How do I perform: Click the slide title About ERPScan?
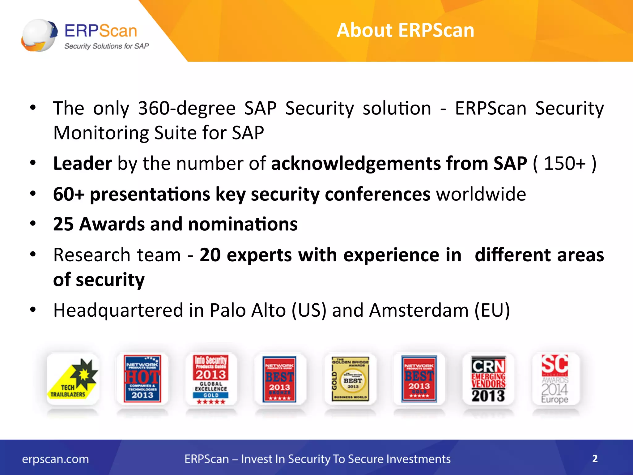point(405,30)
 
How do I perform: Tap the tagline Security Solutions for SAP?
point(106,46)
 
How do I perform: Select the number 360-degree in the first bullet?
point(186,108)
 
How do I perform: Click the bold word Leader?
point(82,163)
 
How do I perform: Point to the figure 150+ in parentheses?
point(564,163)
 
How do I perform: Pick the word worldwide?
point(481,194)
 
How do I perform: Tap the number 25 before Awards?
point(63,224)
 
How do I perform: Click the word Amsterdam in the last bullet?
point(419,310)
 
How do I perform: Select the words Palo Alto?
point(248,310)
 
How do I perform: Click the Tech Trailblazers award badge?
point(73,379)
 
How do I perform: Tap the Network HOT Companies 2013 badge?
point(142,379)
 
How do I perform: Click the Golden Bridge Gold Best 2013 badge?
point(350,379)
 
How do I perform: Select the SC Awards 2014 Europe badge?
point(555,379)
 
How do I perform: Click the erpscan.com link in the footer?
point(55,459)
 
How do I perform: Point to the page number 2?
point(595,459)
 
